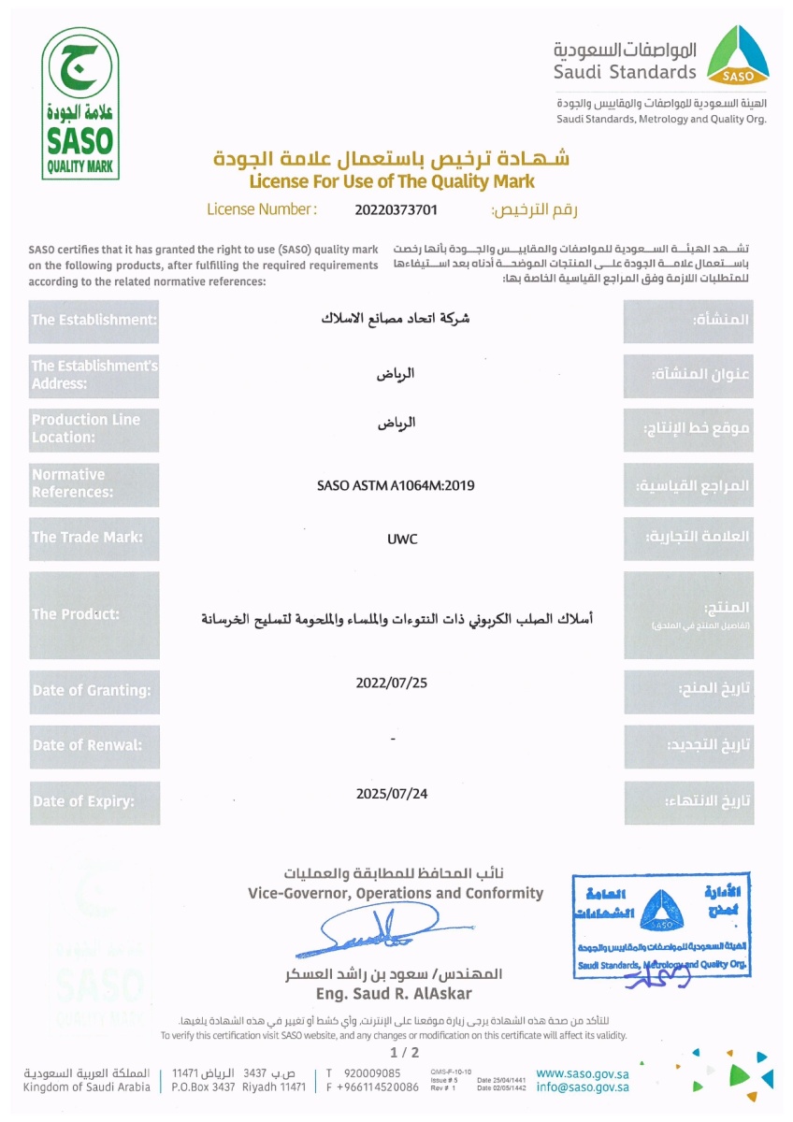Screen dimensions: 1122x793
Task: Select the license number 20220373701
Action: click(396, 209)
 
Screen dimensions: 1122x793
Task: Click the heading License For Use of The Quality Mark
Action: click(392, 180)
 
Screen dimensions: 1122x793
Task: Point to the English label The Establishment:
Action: click(94, 320)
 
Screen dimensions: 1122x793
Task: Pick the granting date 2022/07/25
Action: click(392, 683)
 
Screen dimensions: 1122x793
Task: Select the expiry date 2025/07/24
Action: click(392, 794)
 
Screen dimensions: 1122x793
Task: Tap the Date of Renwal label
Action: click(88, 745)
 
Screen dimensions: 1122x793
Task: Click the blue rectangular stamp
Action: click(662, 926)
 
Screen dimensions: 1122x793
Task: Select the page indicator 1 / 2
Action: click(396, 1054)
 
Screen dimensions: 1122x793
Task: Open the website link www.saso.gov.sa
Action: click(583, 1072)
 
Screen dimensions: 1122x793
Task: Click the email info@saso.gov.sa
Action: click(583, 1087)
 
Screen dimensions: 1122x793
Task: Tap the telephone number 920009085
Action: click(372, 1072)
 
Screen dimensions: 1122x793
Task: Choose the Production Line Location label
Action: click(86, 428)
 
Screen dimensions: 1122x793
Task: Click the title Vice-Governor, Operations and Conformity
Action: click(396, 893)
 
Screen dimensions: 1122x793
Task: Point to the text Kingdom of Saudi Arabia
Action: click(87, 1087)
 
